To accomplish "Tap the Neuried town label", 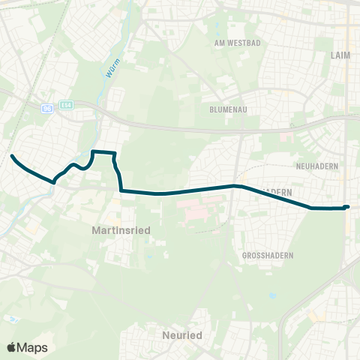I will click(x=183, y=335).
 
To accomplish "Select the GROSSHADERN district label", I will click(x=268, y=256).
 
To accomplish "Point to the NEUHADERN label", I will click(x=318, y=165).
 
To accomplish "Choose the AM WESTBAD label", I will click(x=237, y=43).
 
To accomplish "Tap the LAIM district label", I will click(x=340, y=55).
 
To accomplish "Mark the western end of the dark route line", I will click(x=12, y=156).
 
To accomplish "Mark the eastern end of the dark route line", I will click(x=348, y=206).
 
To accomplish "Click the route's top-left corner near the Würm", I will click(x=92, y=152).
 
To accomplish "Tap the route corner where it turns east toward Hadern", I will click(x=121, y=190).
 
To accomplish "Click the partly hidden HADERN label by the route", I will click(x=279, y=192).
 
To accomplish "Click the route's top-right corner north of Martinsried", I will click(x=115, y=154).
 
